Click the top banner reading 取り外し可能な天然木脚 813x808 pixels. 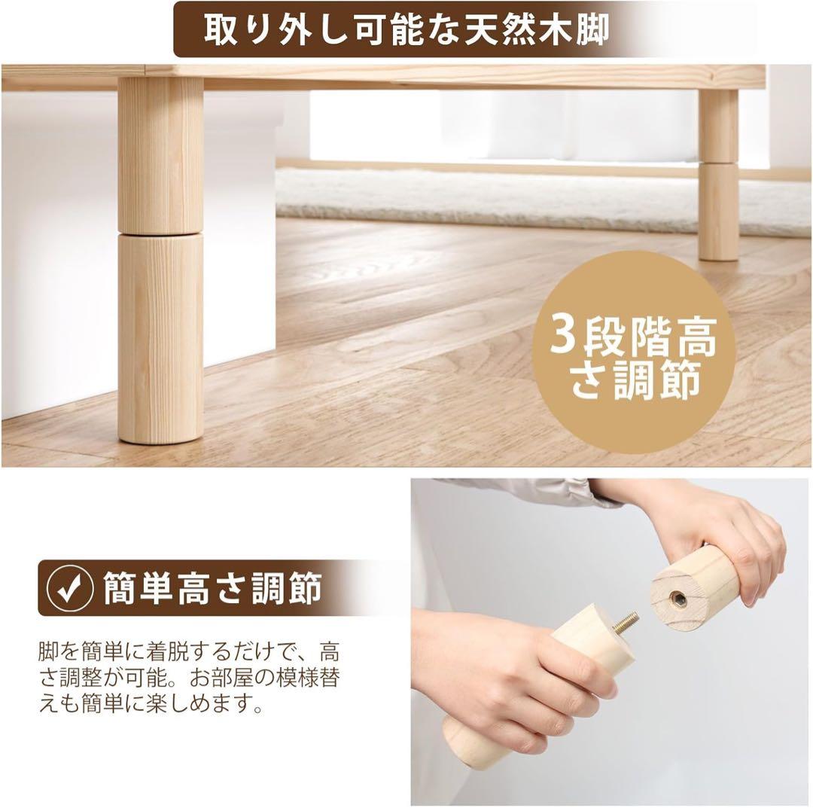(x=406, y=30)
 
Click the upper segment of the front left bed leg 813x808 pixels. (x=160, y=154)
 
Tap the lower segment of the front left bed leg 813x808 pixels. (x=160, y=339)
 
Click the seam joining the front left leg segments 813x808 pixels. (x=160, y=234)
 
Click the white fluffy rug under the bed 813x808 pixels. (x=482, y=197)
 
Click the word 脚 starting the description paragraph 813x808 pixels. (x=47, y=650)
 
